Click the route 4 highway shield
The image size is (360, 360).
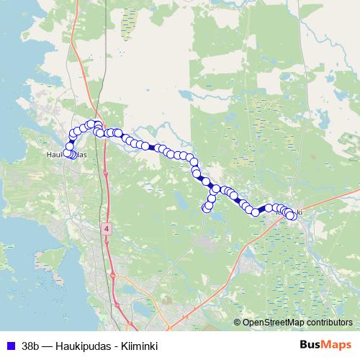[107, 228]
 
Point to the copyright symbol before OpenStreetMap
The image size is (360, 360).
[238, 323]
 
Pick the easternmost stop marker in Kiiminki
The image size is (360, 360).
[290, 215]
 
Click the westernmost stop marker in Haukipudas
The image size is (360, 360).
[68, 152]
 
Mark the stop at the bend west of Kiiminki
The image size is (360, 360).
[255, 212]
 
